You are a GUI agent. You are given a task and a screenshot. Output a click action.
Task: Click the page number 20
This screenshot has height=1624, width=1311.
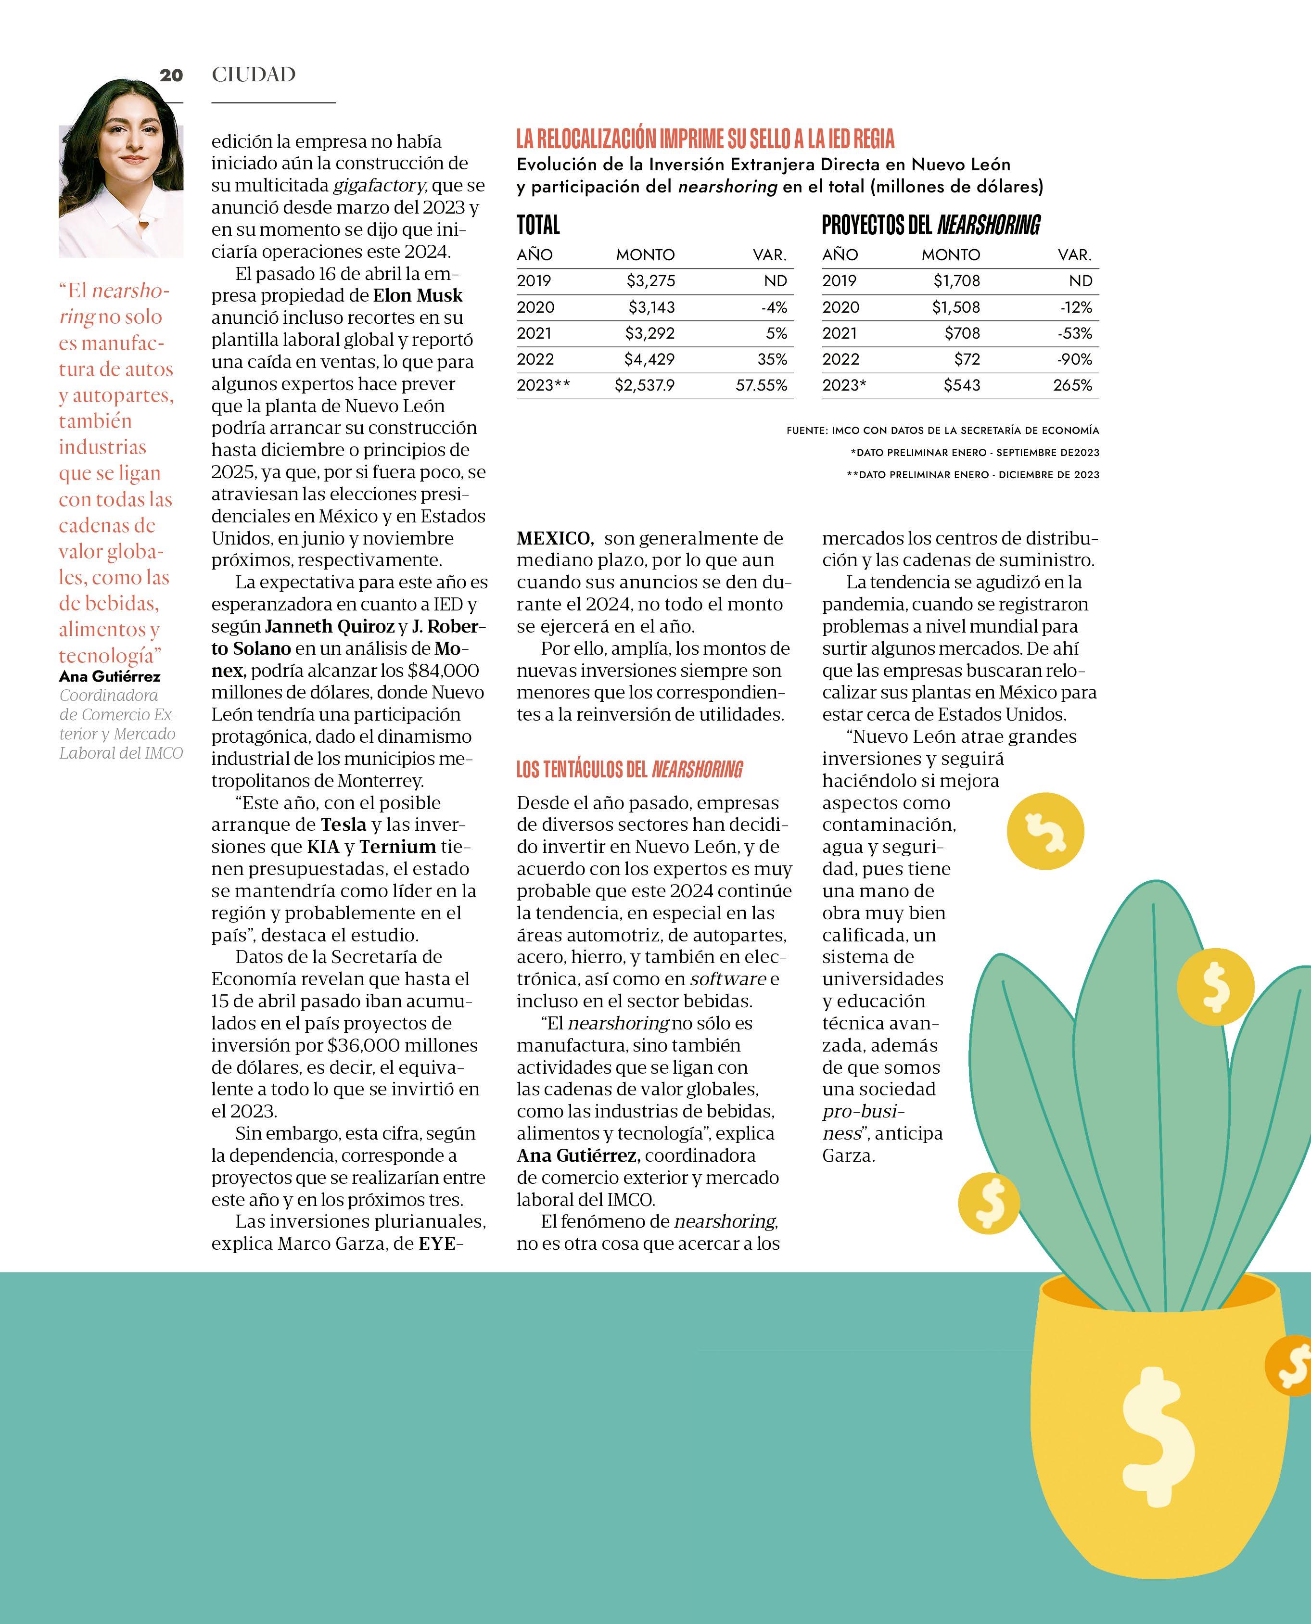click(171, 75)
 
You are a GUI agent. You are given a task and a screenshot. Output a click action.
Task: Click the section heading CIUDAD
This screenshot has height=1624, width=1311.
click(254, 75)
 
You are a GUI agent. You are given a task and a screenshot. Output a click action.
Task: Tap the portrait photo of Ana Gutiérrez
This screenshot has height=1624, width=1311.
click(121, 169)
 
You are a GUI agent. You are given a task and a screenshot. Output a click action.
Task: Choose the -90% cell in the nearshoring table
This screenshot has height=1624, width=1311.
click(1075, 359)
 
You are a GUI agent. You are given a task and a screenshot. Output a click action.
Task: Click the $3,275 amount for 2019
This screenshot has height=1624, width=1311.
click(650, 281)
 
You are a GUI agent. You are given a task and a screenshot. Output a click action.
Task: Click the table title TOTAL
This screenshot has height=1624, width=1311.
click(538, 225)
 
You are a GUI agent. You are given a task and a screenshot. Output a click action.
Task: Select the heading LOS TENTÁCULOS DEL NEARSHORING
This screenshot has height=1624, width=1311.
click(629, 769)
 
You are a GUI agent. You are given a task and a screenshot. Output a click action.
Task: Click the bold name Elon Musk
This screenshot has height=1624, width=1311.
click(418, 295)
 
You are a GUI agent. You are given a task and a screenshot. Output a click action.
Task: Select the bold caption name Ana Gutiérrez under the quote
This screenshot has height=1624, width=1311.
click(110, 676)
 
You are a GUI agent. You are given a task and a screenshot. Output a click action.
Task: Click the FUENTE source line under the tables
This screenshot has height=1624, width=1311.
click(942, 431)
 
